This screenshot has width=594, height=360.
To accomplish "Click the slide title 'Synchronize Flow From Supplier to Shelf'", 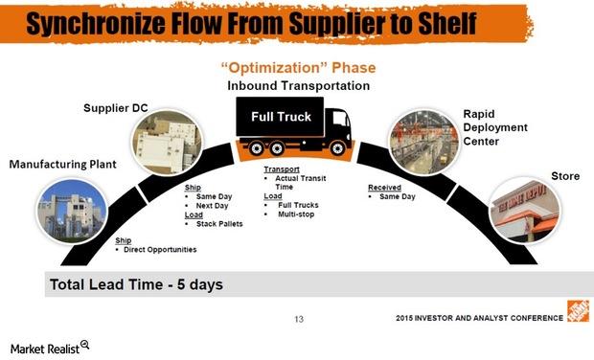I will pos(252,23).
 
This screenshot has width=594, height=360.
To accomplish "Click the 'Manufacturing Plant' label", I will pos(62,165).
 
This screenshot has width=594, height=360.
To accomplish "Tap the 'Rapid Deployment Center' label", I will pos(492,127).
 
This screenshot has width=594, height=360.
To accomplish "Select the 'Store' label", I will pos(565,176).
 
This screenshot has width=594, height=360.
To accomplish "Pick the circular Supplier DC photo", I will pos(165,145).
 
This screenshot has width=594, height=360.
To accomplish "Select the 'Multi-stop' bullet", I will pos(300,214).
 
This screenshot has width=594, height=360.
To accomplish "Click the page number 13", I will pos(298,319).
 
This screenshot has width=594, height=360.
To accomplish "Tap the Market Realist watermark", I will pos(45,346).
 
